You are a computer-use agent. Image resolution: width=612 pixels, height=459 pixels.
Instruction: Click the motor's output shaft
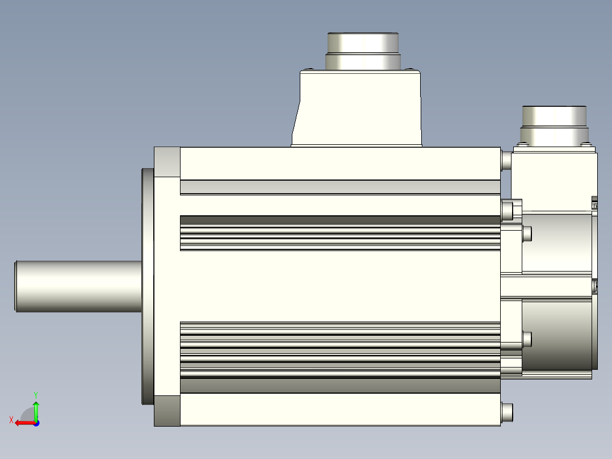pyautogui.click(x=78, y=286)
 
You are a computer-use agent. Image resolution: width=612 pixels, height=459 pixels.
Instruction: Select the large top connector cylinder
pyautogui.click(x=363, y=51)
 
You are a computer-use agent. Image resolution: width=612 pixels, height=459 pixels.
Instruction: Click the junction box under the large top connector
pyautogui.click(x=357, y=108)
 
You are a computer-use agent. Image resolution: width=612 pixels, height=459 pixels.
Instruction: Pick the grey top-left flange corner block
pyautogui.click(x=167, y=162)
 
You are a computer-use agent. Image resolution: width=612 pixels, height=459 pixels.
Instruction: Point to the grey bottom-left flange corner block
pyautogui.click(x=167, y=411)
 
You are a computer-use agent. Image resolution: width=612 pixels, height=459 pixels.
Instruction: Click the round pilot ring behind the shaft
pyautogui.click(x=148, y=286)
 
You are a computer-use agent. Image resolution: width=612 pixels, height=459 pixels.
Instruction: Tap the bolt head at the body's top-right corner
pyautogui.click(x=506, y=160)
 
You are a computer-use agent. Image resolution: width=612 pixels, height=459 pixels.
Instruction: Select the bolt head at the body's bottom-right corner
pyautogui.click(x=507, y=412)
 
